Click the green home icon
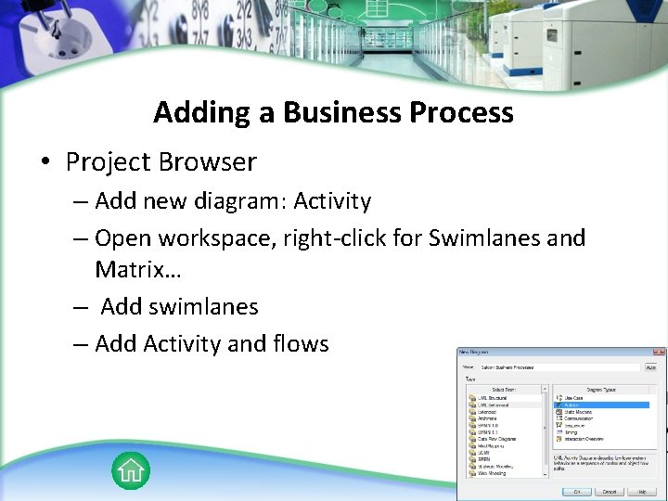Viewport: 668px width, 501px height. click(131, 470)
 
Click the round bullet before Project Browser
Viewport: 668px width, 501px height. click(45, 163)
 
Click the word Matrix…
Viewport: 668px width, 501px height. click(138, 271)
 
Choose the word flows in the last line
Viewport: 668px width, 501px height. click(301, 344)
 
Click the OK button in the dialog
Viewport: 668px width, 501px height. click(576, 491)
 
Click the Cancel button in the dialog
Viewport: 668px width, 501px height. click(610, 491)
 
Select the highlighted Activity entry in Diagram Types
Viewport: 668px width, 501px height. click(573, 405)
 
